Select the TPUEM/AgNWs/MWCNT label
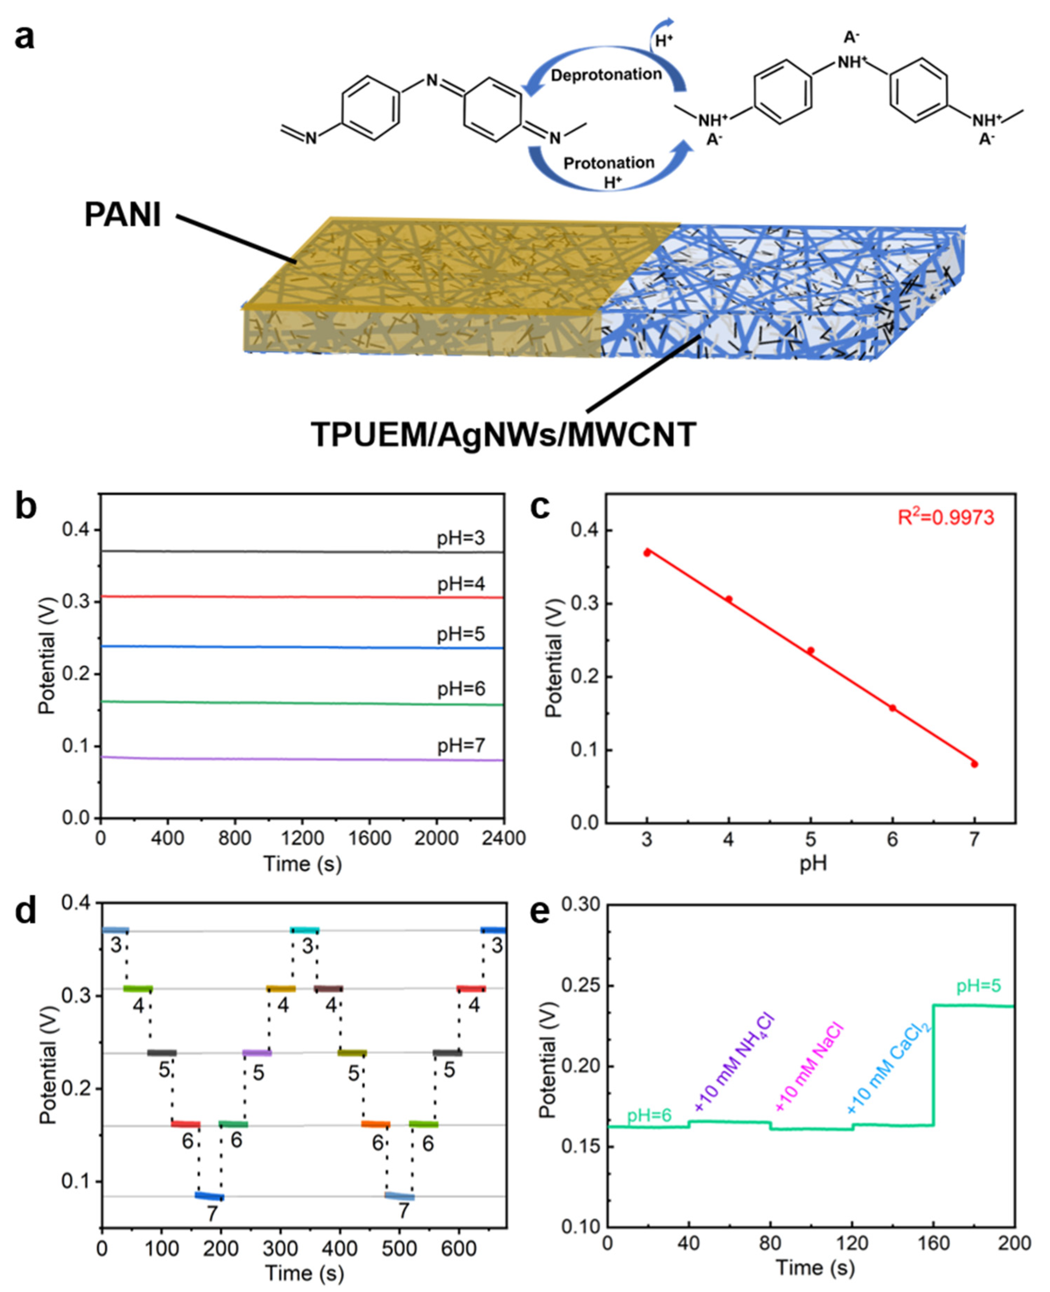coord(503,434)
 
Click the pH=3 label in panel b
coord(461,538)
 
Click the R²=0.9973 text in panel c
coord(945,517)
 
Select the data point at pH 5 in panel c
coord(810,651)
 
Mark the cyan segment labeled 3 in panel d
coord(304,930)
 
